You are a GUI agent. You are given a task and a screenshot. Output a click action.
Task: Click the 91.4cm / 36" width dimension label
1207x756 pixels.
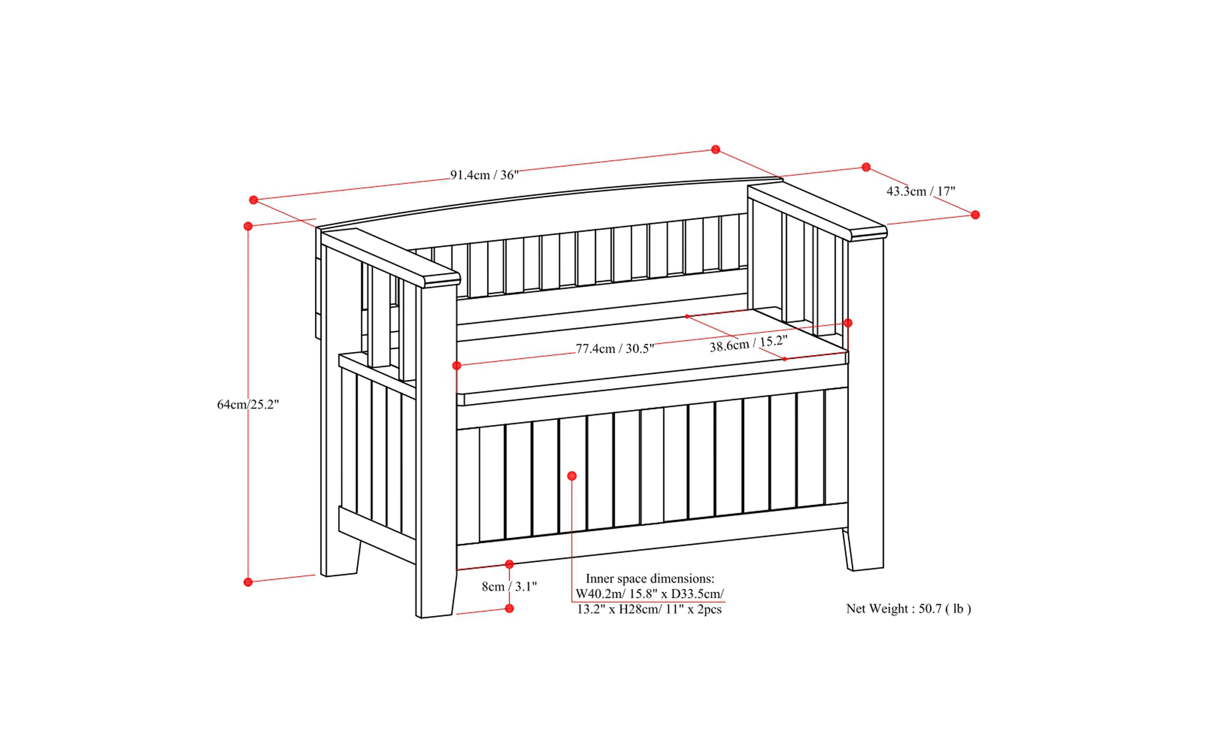(x=484, y=175)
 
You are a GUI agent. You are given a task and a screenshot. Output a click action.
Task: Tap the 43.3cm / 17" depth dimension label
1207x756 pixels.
(x=920, y=191)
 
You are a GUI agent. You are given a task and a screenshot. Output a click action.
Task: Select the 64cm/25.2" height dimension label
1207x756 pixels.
(x=248, y=404)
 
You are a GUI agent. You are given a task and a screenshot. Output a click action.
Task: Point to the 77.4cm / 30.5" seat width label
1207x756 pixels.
(x=614, y=348)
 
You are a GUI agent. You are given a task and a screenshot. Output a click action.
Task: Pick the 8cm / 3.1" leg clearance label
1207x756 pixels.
(x=509, y=586)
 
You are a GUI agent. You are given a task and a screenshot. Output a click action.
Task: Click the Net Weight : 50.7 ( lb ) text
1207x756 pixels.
(x=908, y=609)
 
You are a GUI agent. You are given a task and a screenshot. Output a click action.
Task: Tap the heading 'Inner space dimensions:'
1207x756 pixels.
(x=649, y=578)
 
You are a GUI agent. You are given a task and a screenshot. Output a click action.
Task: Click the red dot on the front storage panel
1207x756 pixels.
(x=572, y=476)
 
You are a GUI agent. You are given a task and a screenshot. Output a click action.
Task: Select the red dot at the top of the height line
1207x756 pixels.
(x=248, y=226)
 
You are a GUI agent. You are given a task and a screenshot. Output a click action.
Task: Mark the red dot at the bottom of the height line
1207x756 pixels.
(x=248, y=582)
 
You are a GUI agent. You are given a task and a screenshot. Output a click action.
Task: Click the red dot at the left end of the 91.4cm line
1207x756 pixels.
(x=254, y=200)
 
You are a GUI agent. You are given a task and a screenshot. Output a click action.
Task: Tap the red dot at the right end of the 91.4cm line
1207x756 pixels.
(x=715, y=150)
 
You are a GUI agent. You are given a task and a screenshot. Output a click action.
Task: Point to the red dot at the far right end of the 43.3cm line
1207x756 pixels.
(x=975, y=215)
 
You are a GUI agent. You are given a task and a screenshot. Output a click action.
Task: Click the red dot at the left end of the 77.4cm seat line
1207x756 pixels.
(x=456, y=366)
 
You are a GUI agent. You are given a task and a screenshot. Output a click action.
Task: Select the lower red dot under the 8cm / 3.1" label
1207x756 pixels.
(x=510, y=609)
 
